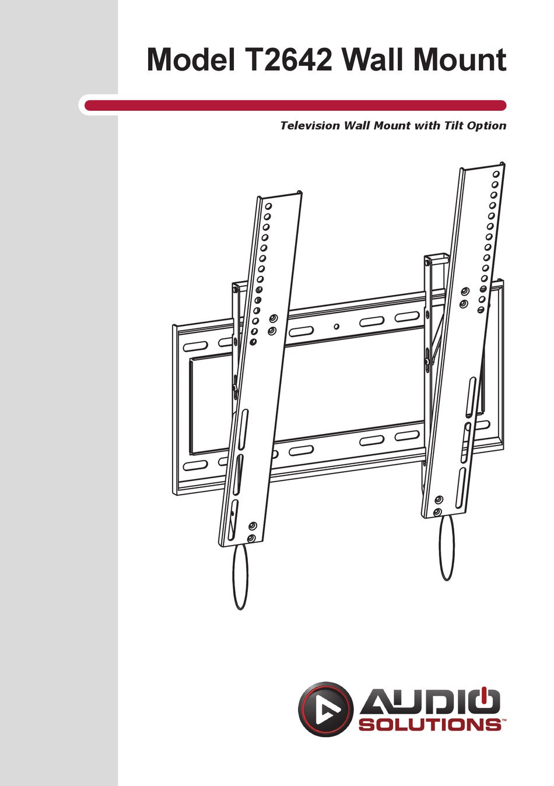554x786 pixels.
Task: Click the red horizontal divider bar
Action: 295,106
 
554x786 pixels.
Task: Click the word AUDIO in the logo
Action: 430,703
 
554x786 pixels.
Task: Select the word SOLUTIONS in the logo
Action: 430,725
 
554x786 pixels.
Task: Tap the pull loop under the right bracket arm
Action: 447,548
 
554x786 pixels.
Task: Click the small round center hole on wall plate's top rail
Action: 336,327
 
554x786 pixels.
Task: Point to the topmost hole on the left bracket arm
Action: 268,206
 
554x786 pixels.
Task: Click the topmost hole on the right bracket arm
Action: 496,174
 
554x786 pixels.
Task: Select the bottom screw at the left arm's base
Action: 251,538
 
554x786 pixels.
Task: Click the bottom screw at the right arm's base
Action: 437,512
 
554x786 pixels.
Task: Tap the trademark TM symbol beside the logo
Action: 504,720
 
